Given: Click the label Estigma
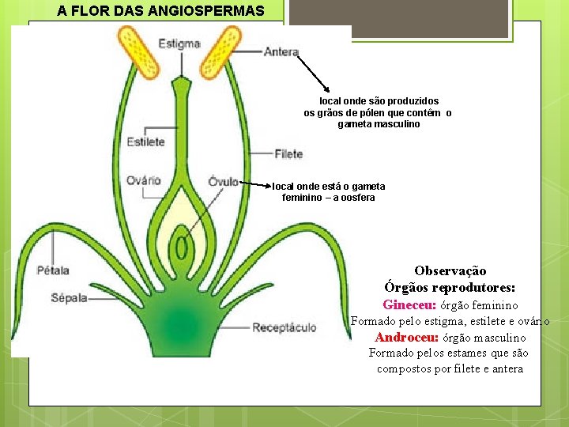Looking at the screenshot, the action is [x=179, y=43].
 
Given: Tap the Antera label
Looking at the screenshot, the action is [x=281, y=53].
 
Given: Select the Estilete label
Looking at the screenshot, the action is [x=145, y=142].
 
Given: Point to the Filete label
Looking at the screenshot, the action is [x=288, y=154].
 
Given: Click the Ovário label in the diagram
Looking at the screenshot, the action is [x=143, y=181].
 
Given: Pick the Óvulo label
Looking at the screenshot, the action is [x=224, y=182].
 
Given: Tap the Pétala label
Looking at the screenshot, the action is [x=53, y=270].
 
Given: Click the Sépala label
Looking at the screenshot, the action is [x=69, y=299].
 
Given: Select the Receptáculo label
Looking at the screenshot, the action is [x=284, y=327].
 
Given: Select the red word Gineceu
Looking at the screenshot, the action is [x=409, y=305].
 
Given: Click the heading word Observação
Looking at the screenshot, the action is [x=450, y=271].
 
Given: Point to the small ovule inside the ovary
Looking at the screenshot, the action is [x=181, y=247].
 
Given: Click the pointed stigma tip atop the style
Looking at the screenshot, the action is [x=181, y=82].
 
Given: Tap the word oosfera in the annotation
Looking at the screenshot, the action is [x=353, y=198].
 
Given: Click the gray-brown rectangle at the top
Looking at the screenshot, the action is [x=398, y=18].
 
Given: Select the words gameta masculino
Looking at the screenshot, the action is [x=379, y=125].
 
